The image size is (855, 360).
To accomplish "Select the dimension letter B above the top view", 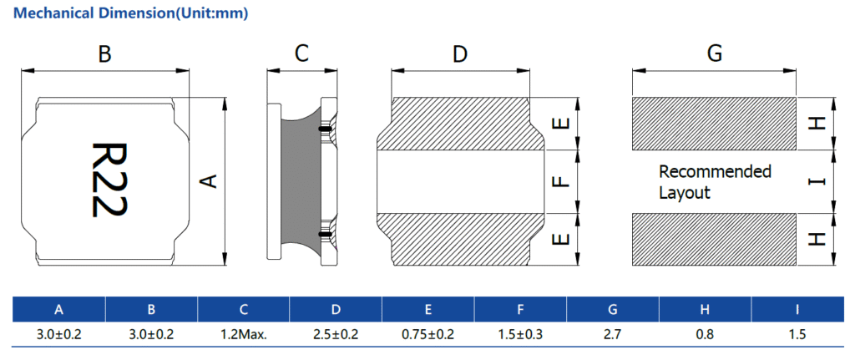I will (104, 54).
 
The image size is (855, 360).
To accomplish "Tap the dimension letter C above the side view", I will (302, 54).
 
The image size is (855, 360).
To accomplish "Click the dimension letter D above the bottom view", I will (460, 54).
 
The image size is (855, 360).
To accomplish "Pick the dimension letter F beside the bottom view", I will (562, 180).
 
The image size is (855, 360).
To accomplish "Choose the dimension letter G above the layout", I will (714, 54).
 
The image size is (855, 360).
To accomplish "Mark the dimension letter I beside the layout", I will (817, 181).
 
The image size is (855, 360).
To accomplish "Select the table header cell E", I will (427, 310).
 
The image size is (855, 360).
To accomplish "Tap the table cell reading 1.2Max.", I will (244, 335).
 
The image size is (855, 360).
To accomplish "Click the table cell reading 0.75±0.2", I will (427, 335).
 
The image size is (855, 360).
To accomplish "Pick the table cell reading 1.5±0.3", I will (520, 335).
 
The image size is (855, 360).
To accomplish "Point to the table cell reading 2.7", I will (613, 335).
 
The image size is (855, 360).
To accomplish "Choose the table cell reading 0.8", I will (705, 335).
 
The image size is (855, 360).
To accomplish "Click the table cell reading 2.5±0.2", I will (336, 335).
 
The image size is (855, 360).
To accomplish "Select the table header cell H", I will (705, 310).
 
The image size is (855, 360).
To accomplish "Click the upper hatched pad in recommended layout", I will (714, 124).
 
